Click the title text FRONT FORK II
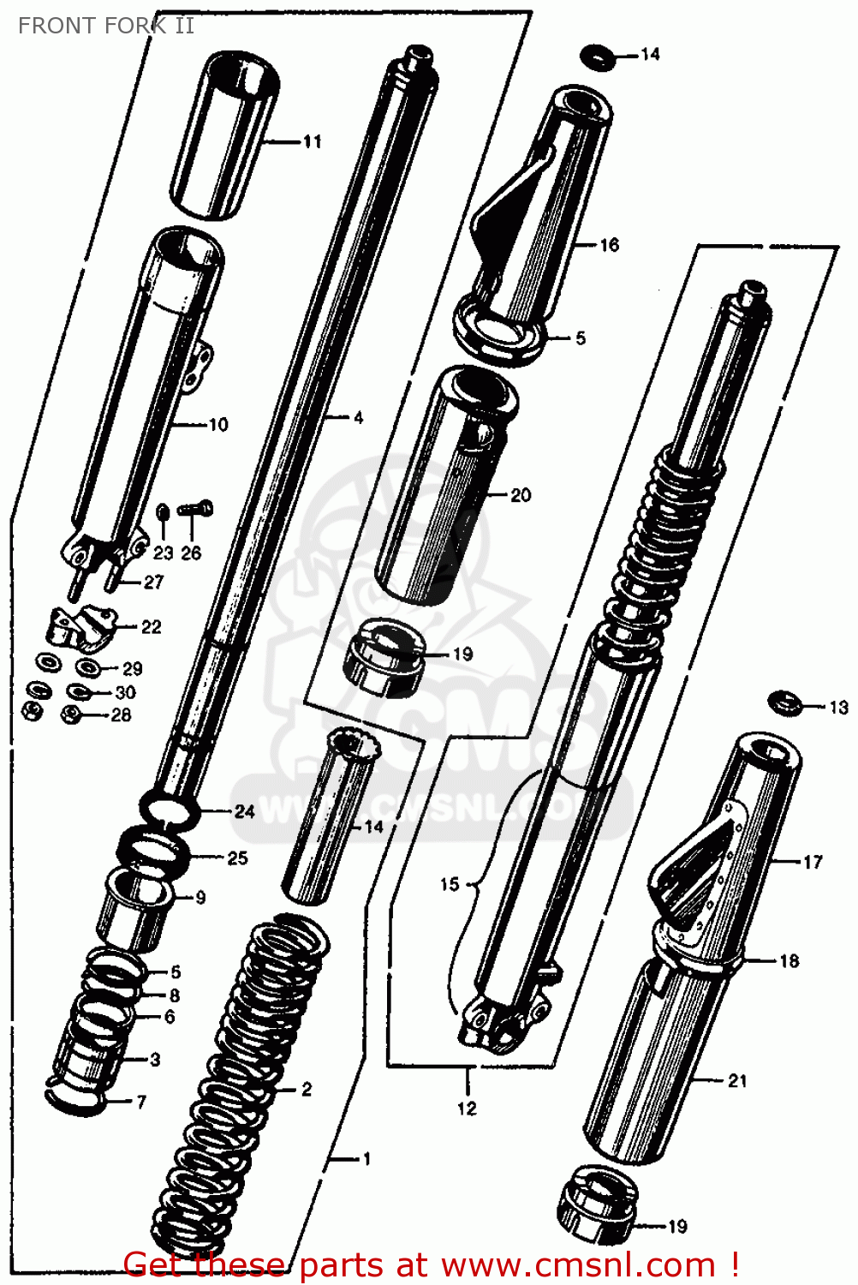[105, 26]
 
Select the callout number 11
[313, 141]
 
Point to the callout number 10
[218, 424]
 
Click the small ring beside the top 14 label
[597, 57]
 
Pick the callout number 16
[609, 245]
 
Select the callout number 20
[521, 495]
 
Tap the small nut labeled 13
[784, 704]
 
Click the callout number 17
[812, 862]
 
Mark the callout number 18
[789, 961]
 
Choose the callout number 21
[737, 1081]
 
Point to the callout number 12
[467, 1109]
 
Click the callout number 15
[450, 884]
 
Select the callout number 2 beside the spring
[307, 1090]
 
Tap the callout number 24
[245, 811]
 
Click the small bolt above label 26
[195, 510]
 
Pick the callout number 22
[152, 627]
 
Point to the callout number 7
[141, 1102]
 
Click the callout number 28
[122, 714]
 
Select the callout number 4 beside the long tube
[358, 418]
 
